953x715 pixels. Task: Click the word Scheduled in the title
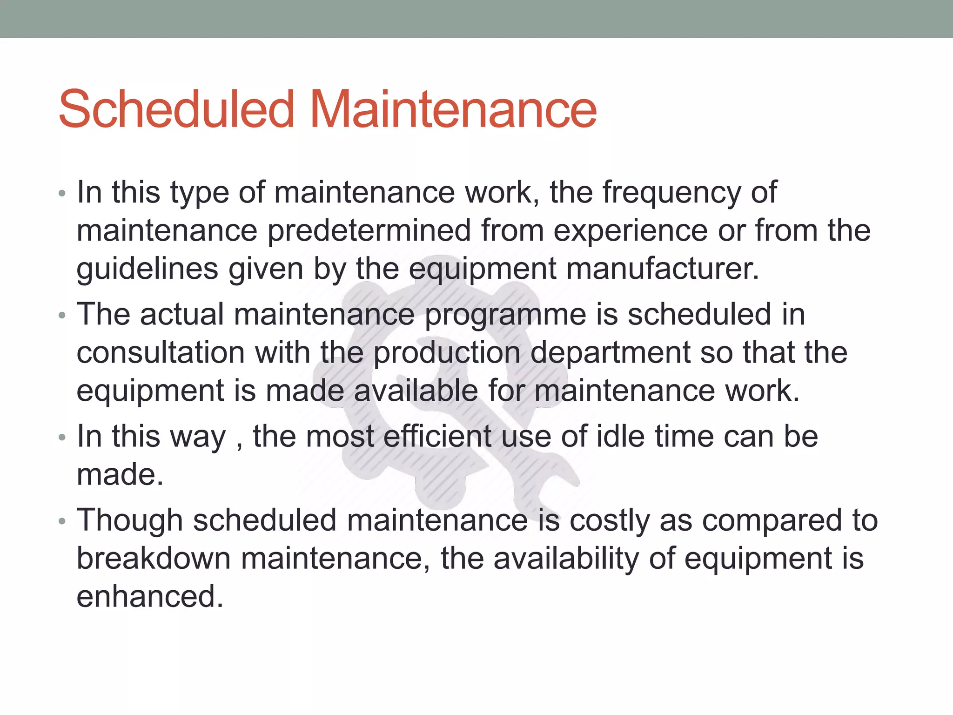176,109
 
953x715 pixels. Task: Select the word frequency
671,193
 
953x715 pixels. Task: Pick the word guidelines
147,269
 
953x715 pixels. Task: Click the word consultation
160,352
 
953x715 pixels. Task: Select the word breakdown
154,558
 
